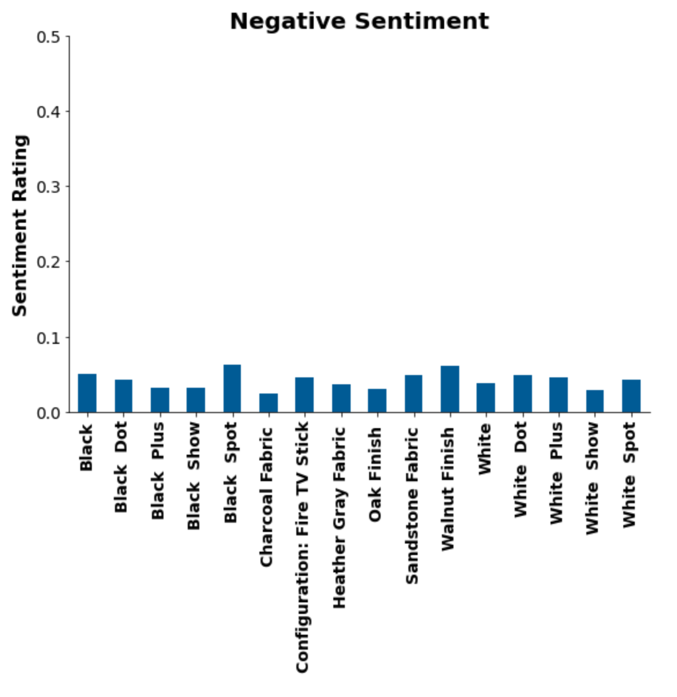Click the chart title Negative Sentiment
pyautogui.click(x=359, y=21)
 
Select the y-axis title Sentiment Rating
pyautogui.click(x=20, y=226)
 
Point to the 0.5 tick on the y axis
pyautogui.click(x=48, y=38)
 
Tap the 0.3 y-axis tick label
pyautogui.click(x=48, y=187)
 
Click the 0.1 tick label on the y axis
pyautogui.click(x=48, y=338)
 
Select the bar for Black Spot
pyautogui.click(x=232, y=389)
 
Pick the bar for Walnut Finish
pyautogui.click(x=449, y=389)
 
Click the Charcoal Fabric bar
pyautogui.click(x=268, y=403)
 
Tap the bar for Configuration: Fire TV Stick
pyautogui.click(x=304, y=395)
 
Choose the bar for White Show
pyautogui.click(x=595, y=401)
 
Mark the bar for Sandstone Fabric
pyautogui.click(x=414, y=394)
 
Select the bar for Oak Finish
pyautogui.click(x=377, y=401)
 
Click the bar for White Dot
pyautogui.click(x=522, y=394)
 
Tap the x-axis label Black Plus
pyautogui.click(x=158, y=471)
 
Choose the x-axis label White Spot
pyautogui.click(x=629, y=475)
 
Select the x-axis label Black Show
pyautogui.click(x=194, y=475)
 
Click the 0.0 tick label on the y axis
pyautogui.click(x=48, y=414)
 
